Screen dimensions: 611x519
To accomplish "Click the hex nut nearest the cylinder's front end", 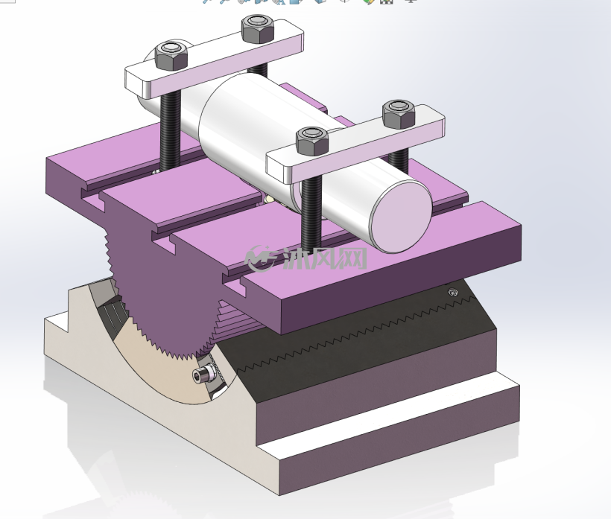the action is [311, 141].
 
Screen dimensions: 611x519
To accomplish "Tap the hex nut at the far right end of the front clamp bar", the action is [398, 114].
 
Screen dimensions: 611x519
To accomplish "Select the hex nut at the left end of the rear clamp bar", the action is [171, 56].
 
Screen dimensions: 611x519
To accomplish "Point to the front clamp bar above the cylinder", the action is [355, 144].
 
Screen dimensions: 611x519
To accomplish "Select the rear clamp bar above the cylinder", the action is [215, 59].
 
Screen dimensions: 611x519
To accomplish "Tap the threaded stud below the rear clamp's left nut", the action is [171, 130].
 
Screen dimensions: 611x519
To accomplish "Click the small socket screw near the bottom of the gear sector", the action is [204, 375].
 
